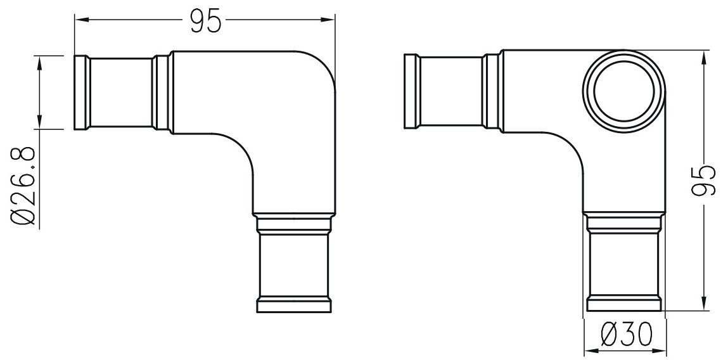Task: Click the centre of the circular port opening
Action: pos(623,93)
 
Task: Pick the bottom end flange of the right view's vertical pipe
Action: pos(623,304)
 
